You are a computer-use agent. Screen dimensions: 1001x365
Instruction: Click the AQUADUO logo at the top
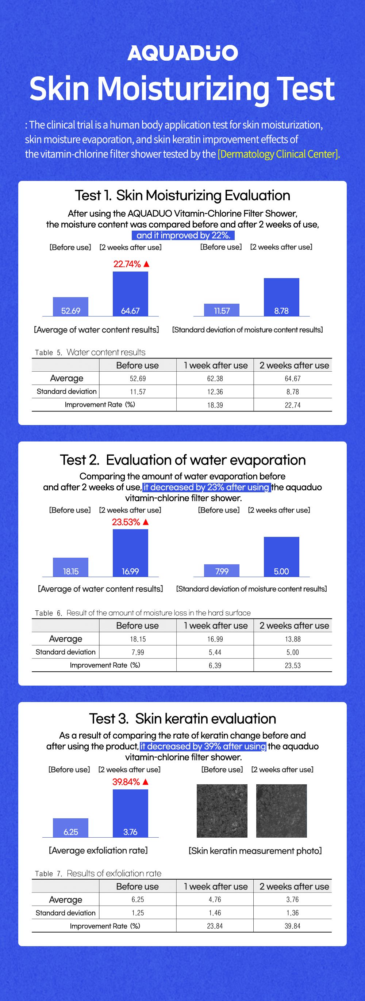click(182, 53)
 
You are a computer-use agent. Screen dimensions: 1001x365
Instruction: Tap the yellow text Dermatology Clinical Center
click(278, 154)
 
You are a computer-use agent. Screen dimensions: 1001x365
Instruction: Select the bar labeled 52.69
click(71, 307)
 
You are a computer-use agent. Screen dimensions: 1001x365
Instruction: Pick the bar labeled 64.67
click(130, 294)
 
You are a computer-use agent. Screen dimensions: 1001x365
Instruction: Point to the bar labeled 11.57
click(222, 310)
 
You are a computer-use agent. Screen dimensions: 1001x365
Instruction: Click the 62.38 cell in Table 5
click(215, 379)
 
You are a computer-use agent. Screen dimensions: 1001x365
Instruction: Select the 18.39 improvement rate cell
click(215, 405)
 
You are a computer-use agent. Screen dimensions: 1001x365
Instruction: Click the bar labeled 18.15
click(71, 567)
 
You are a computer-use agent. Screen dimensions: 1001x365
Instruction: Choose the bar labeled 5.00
click(281, 557)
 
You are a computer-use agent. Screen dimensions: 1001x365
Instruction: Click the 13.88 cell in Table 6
click(292, 639)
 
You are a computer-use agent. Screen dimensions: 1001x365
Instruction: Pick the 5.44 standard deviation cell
click(215, 652)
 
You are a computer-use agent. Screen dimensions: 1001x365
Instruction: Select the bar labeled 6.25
click(71, 828)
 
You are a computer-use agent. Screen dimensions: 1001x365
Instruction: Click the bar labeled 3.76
click(130, 813)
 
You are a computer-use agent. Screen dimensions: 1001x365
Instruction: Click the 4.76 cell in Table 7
click(215, 899)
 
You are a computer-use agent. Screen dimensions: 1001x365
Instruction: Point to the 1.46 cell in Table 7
click(215, 913)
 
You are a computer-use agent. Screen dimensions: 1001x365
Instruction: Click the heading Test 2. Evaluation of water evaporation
click(182, 460)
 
